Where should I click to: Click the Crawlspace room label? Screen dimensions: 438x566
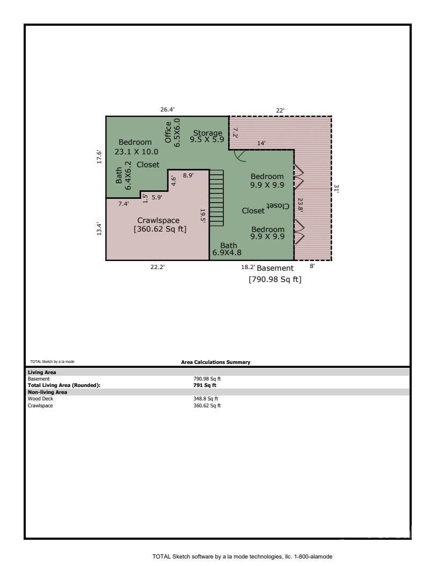click(x=158, y=220)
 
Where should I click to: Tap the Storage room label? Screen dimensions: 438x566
click(x=207, y=133)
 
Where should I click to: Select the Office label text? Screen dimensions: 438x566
click(x=168, y=132)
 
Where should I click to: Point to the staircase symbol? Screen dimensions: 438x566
click(x=216, y=198)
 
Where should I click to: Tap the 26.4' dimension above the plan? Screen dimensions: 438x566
click(x=167, y=109)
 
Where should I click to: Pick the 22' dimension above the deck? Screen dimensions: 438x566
click(x=280, y=110)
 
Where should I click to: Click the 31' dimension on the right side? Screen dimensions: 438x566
click(x=336, y=189)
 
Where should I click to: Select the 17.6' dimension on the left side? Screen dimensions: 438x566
click(x=99, y=157)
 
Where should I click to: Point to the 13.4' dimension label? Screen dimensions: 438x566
click(x=99, y=229)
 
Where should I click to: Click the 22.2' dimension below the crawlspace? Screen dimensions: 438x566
click(x=158, y=267)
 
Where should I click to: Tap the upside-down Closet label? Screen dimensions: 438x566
click(x=278, y=206)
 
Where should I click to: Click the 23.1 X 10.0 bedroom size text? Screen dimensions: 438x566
click(x=136, y=152)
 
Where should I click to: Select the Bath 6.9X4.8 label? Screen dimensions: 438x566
click(x=227, y=249)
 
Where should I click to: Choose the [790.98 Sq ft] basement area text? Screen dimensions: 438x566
click(x=275, y=279)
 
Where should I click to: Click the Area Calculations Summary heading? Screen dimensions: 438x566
click(x=216, y=362)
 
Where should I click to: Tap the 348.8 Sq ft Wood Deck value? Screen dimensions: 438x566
click(x=206, y=399)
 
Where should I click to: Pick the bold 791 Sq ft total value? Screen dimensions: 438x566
click(x=205, y=385)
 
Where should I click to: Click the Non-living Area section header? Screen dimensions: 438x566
click(x=47, y=392)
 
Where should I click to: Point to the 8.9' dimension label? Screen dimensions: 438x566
click(x=188, y=175)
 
